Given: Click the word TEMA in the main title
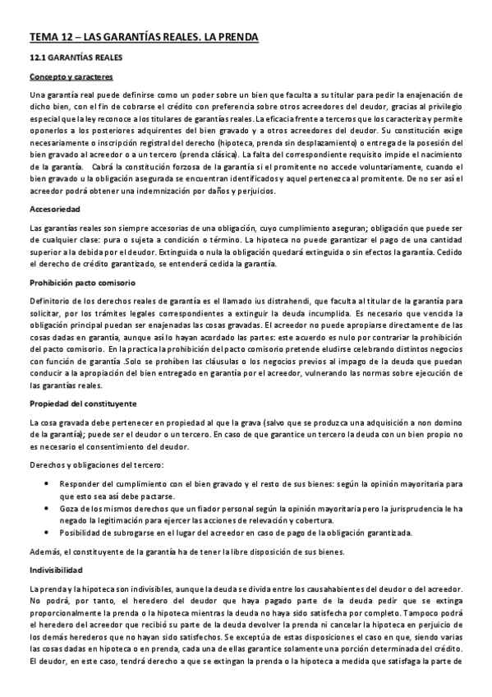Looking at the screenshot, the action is tap(43, 37).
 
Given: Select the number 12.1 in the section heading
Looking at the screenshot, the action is tap(39, 58).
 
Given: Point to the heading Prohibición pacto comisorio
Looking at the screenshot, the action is tap(80, 282).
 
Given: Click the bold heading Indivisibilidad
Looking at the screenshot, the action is tap(55, 569).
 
